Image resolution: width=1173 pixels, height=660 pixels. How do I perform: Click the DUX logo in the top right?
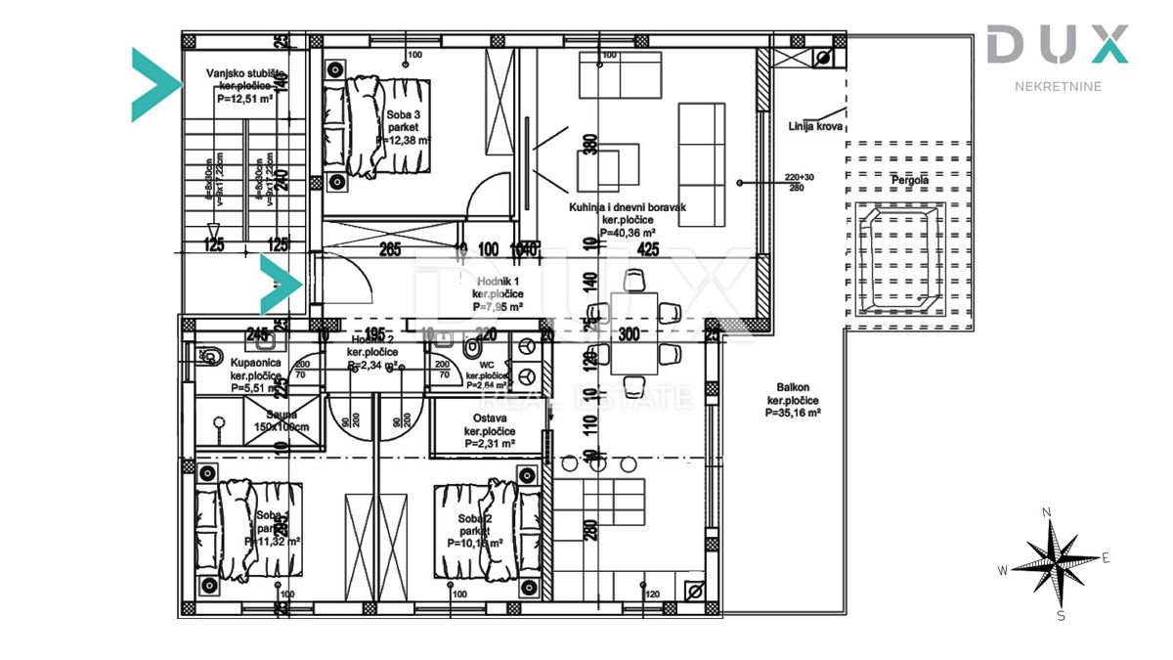coord(1057,45)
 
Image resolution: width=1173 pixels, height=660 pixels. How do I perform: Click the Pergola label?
coord(909,181)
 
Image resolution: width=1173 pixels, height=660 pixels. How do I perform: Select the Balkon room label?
coord(792,400)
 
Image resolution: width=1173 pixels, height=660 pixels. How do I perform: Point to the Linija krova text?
coord(815,126)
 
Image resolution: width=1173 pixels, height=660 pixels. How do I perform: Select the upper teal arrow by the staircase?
coord(154,84)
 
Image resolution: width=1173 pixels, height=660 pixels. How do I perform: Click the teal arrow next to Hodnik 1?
coord(282,285)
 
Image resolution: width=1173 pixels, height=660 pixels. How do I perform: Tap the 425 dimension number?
coord(646,249)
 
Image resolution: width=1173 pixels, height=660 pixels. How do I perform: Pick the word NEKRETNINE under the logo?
coord(1057,86)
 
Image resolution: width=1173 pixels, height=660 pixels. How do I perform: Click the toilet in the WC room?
coord(472,349)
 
